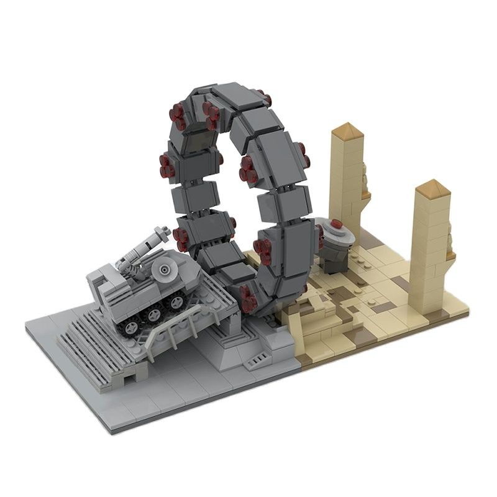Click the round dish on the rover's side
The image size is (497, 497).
(165, 270)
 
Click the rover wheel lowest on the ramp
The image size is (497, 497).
(132, 327)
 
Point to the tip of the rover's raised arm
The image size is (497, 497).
(163, 232)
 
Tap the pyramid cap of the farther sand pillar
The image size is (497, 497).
(346, 132)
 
